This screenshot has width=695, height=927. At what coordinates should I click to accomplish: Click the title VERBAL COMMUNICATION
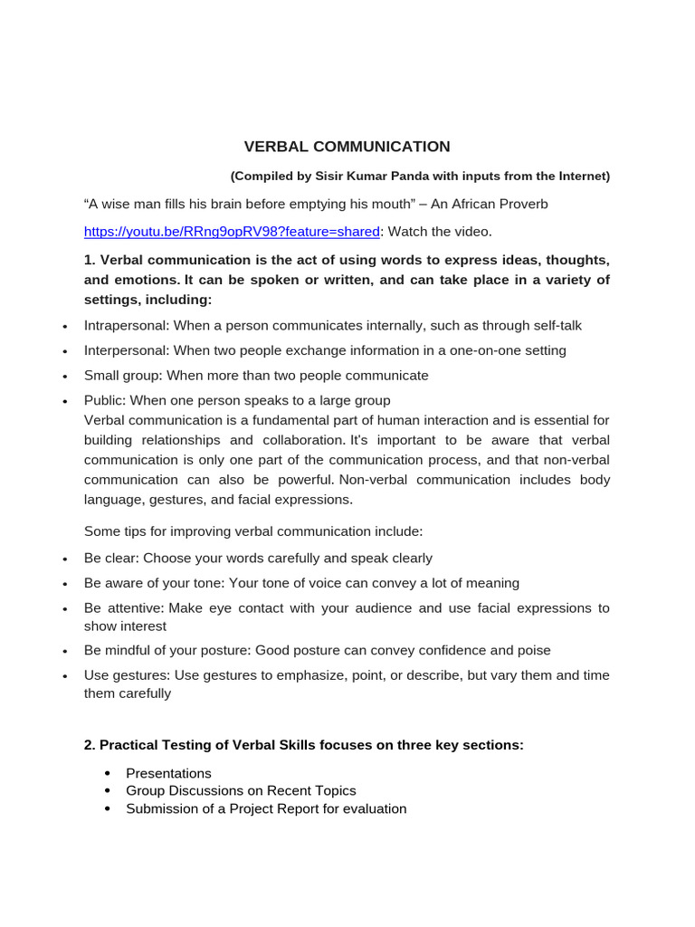pyautogui.click(x=347, y=147)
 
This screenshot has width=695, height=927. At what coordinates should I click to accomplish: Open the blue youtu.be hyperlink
pyautogui.click(x=232, y=232)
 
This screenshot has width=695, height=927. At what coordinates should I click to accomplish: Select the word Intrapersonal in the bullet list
pyautogui.click(x=126, y=325)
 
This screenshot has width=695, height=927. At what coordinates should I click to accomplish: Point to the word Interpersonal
pyautogui.click(x=126, y=350)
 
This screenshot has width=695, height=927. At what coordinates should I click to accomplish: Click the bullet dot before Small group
pyautogui.click(x=64, y=377)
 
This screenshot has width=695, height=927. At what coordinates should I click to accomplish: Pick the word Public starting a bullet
pyautogui.click(x=104, y=400)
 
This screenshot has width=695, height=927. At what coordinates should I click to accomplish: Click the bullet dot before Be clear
pyautogui.click(x=64, y=559)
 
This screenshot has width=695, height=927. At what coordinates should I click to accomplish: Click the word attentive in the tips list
pyautogui.click(x=134, y=608)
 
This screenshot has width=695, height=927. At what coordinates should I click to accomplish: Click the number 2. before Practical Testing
pyautogui.click(x=90, y=745)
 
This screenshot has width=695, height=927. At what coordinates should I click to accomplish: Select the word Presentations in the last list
pyautogui.click(x=168, y=773)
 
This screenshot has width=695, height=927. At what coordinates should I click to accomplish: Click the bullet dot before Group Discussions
pyautogui.click(x=108, y=791)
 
